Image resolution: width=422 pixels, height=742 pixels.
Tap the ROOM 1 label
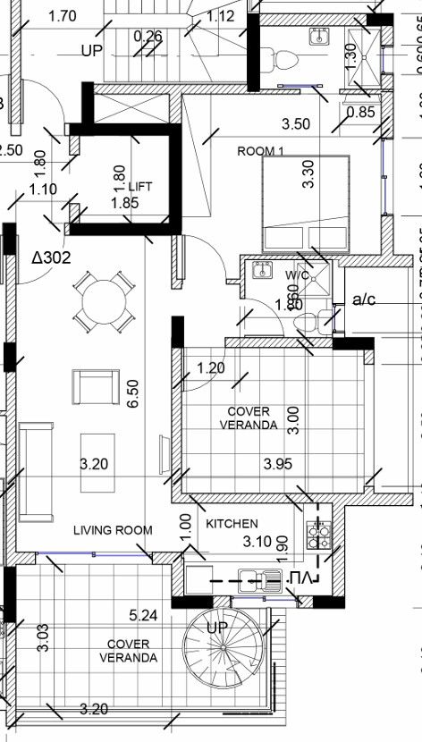[x=260, y=151]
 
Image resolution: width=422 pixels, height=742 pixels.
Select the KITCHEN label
[x=232, y=523]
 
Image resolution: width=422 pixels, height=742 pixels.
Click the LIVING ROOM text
[x=113, y=530]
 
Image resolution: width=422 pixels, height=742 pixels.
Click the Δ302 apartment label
[x=51, y=258]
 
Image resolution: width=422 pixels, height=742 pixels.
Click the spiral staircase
[x=220, y=653]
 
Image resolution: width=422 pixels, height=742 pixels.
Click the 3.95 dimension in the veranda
[x=279, y=463]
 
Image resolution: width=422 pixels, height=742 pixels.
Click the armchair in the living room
[x=95, y=385]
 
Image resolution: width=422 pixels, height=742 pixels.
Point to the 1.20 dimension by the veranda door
[x=211, y=367]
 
